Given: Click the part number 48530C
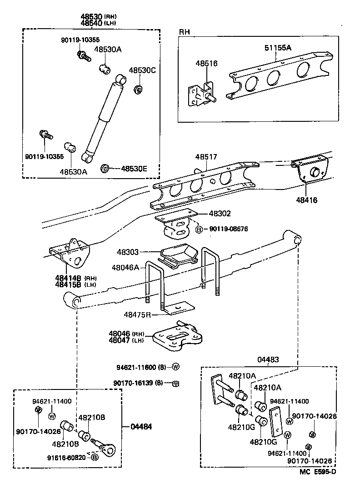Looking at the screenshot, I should coord(142,70).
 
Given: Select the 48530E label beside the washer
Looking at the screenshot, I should coord(134,169).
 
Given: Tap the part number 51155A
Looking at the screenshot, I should coord(278,47).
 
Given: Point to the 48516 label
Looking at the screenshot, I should coord(206,64).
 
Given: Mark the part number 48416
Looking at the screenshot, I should coord(307,200).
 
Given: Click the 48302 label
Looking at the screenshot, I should coord(220,213).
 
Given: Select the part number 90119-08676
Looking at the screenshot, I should coord(229,230).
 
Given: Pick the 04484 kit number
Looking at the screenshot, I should coord(141,427).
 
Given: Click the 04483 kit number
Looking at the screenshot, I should coord(270,359).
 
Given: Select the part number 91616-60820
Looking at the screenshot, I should coord(66,457).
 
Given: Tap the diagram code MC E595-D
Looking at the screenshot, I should coord(318,471).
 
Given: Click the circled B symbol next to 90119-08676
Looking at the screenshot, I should coord(199,230).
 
